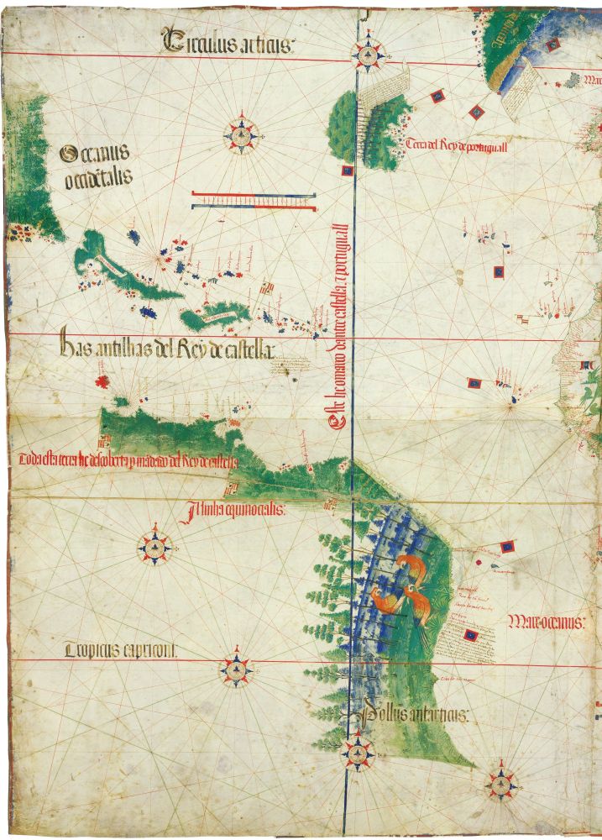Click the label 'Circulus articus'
(x=229, y=41)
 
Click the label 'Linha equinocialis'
(x=238, y=510)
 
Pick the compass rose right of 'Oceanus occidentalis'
(x=243, y=133)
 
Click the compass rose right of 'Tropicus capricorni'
(x=238, y=670)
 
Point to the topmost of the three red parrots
(x=411, y=565)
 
